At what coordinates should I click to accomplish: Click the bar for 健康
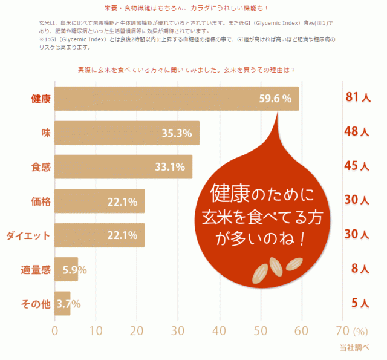coord(175,99)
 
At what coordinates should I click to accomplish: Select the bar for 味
coord(127,133)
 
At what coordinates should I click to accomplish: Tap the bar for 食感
coord(123,166)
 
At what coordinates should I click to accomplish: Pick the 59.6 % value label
coord(275,99)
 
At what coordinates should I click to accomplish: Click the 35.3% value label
coord(177,133)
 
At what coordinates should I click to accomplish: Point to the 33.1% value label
coord(170,167)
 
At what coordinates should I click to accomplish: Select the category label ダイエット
coord(28,235)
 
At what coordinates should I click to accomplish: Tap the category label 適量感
coord(36,269)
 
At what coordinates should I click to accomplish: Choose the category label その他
coord(36,303)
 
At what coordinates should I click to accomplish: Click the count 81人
coord(358,98)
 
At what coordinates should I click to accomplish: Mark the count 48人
coord(358,132)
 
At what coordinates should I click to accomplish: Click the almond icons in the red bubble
coord(277,269)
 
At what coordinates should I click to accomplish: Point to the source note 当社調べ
coord(354,347)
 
